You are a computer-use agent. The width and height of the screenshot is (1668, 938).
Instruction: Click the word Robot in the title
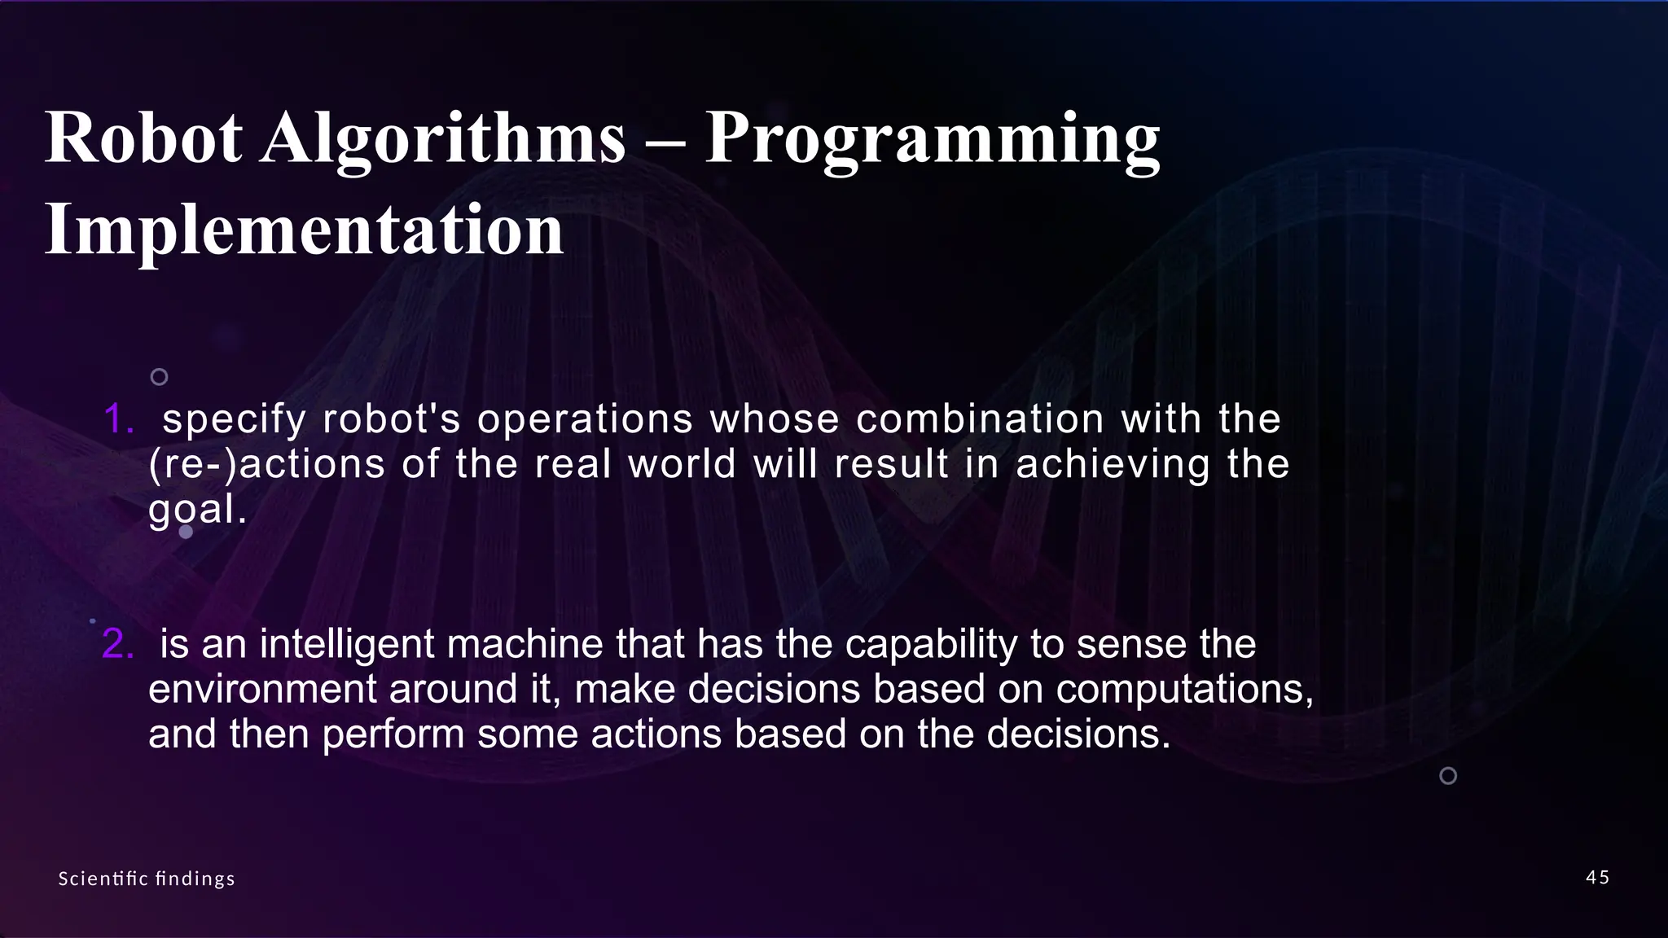pyautogui.click(x=143, y=138)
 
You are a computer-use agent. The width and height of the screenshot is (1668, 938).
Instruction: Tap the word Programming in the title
pyautogui.click(x=932, y=140)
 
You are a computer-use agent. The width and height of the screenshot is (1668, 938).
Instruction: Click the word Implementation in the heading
pyautogui.click(x=304, y=230)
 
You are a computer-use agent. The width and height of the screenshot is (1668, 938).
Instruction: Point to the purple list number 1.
pyautogui.click(x=118, y=419)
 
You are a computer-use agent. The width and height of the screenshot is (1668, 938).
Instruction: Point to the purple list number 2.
pyautogui.click(x=117, y=644)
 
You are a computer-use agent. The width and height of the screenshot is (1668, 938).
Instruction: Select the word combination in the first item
pyautogui.click(x=980, y=419)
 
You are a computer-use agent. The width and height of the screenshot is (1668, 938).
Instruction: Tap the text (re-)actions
pyautogui.click(x=266, y=465)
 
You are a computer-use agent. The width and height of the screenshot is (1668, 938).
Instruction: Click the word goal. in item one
pyautogui.click(x=196, y=511)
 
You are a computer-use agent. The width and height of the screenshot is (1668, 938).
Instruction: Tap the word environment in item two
pyautogui.click(x=262, y=690)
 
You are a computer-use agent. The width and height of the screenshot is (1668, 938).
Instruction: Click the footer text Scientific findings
pyautogui.click(x=147, y=879)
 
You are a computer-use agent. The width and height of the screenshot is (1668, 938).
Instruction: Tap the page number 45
pyautogui.click(x=1597, y=877)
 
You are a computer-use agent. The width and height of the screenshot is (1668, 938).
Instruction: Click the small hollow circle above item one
pyautogui.click(x=160, y=376)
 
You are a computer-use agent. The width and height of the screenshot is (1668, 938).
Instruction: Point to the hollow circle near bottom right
pyautogui.click(x=1448, y=775)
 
